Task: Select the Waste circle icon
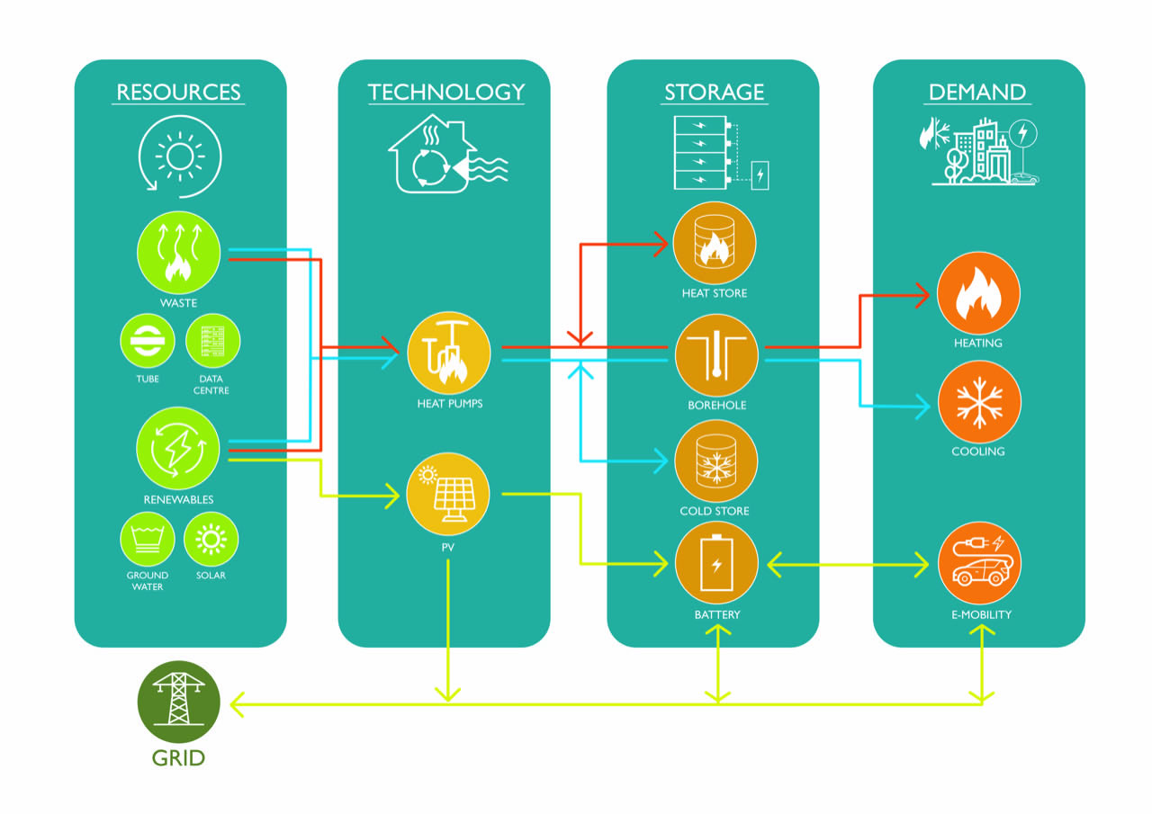[x=178, y=253]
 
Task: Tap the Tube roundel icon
[x=148, y=343]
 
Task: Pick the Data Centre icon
[x=212, y=343]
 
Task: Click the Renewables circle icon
[x=178, y=449]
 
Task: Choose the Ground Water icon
[x=148, y=540]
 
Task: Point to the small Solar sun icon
[x=211, y=540]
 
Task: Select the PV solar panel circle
[x=448, y=494]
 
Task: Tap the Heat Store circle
[x=715, y=244]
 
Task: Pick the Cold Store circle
[x=715, y=461]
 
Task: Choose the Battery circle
[x=716, y=564]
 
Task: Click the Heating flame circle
[x=978, y=294]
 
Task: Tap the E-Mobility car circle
[x=978, y=564]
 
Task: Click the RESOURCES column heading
[x=178, y=92]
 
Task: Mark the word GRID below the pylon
[x=178, y=757]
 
